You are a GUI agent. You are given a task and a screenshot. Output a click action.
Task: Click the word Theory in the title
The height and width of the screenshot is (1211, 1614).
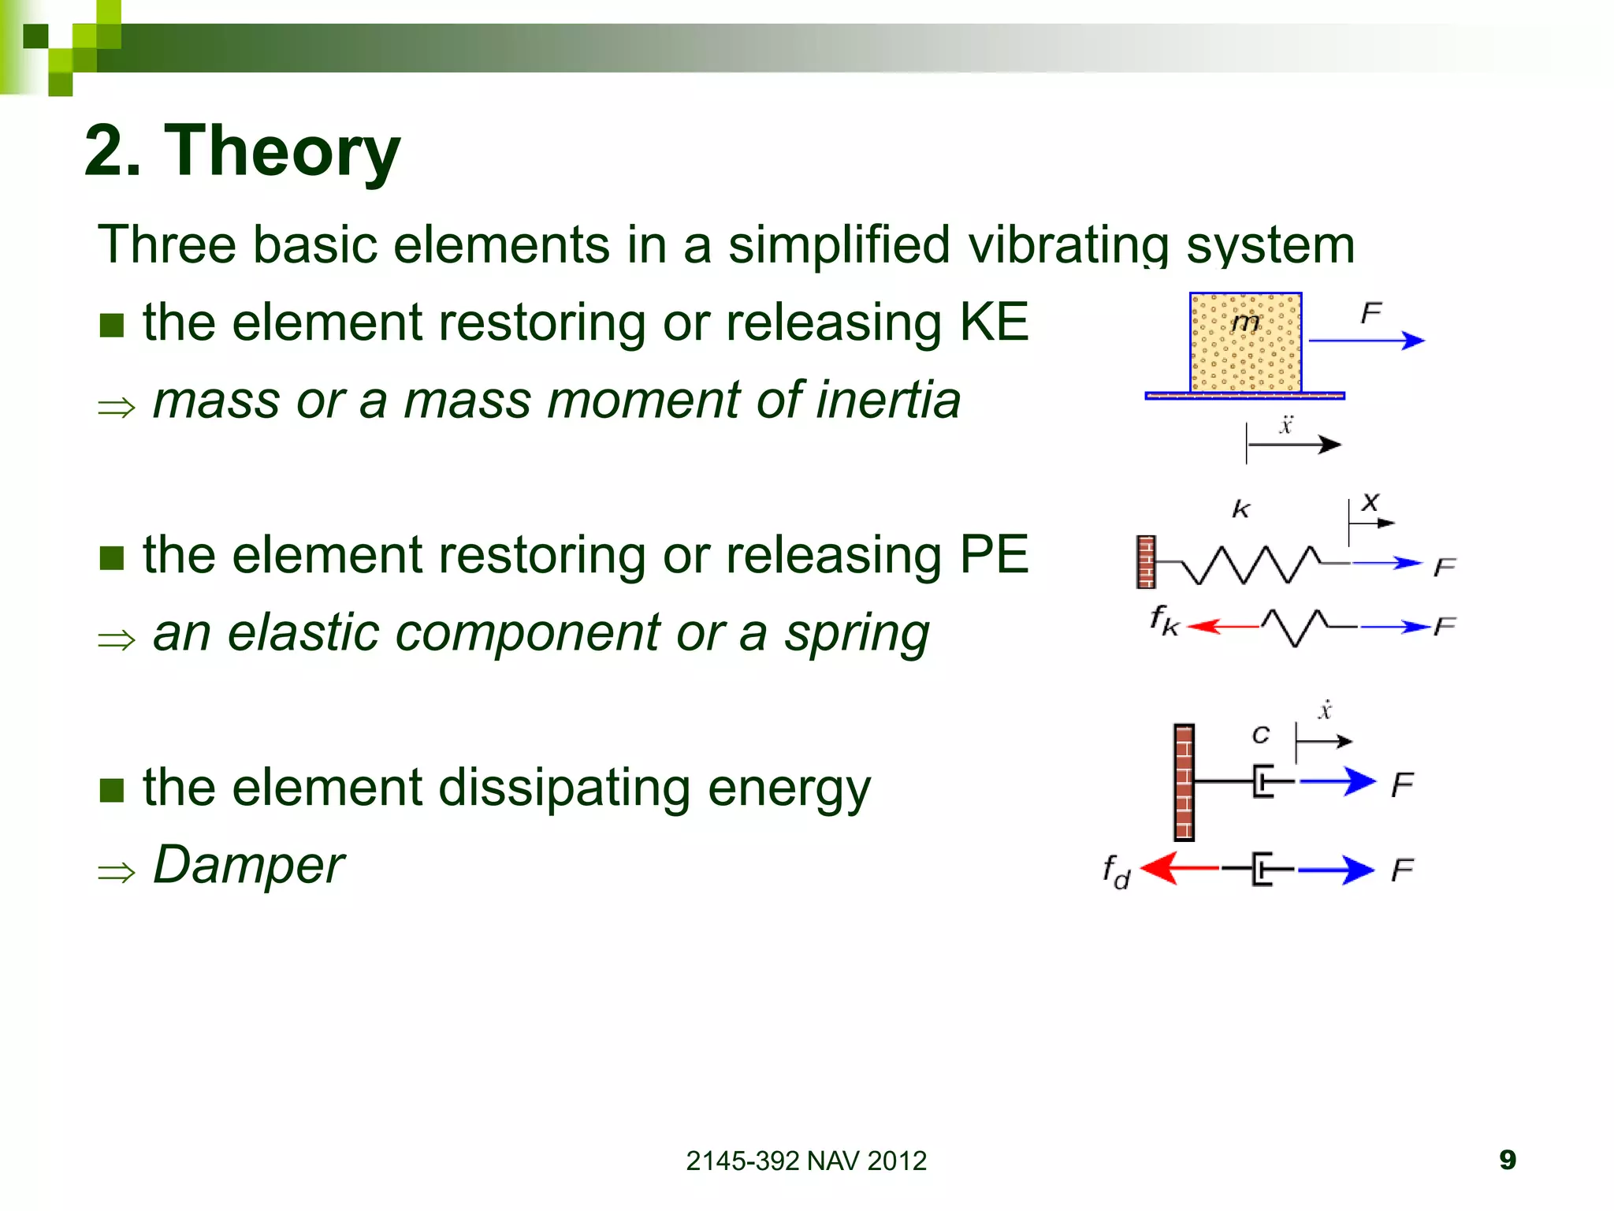pyautogui.click(x=281, y=151)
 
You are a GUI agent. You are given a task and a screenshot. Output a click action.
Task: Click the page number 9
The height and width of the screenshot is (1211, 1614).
pyautogui.click(x=1507, y=1160)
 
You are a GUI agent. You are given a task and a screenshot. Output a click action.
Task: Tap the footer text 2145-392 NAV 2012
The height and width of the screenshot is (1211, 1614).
pyautogui.click(x=805, y=1161)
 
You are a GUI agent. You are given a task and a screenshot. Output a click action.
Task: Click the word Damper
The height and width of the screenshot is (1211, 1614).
pyautogui.click(x=248, y=864)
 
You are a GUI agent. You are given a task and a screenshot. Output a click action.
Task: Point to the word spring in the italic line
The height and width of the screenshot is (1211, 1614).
pyautogui.click(x=857, y=633)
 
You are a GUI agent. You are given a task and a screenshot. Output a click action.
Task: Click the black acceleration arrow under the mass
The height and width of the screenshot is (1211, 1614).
pyautogui.click(x=1296, y=445)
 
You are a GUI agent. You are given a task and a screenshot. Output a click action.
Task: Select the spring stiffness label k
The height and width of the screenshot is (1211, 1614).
pyautogui.click(x=1240, y=509)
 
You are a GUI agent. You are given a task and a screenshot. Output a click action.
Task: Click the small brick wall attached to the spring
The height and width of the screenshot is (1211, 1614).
pyautogui.click(x=1146, y=562)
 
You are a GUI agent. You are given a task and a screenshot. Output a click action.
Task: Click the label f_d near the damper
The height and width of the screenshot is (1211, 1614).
pyautogui.click(x=1116, y=872)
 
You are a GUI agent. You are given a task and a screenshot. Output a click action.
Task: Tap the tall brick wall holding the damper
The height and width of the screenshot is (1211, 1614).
pyautogui.click(x=1184, y=782)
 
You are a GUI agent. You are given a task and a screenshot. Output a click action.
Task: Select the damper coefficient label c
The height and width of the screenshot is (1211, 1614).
pyautogui.click(x=1260, y=735)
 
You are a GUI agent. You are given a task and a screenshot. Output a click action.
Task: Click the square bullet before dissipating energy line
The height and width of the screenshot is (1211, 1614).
pyautogui.click(x=112, y=789)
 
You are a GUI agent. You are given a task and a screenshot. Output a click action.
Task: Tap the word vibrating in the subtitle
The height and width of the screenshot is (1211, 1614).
pyautogui.click(x=1069, y=245)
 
